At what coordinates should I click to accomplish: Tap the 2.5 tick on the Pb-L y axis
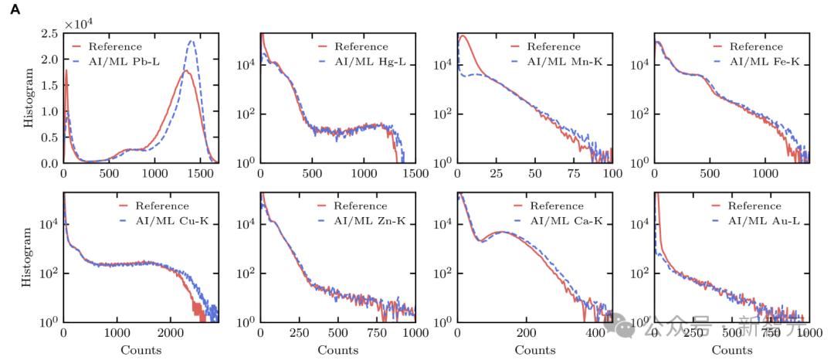(48, 34)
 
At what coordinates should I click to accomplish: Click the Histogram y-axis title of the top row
(29, 99)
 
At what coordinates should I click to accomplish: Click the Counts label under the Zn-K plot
(337, 350)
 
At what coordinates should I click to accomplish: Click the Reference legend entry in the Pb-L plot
(115, 46)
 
